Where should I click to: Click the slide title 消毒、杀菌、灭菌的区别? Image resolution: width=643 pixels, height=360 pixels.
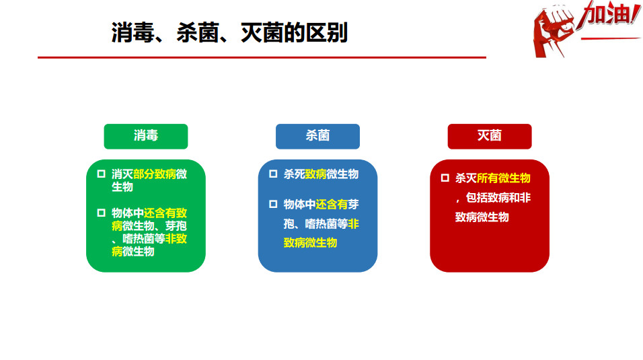229,33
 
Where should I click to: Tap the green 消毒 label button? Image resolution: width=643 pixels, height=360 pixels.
146,137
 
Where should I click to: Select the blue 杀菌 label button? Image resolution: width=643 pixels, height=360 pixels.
318,137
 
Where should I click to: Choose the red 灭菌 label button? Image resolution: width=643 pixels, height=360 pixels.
490,137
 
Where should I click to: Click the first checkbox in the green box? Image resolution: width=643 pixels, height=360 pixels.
102,174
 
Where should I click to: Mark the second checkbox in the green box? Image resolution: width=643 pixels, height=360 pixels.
102,213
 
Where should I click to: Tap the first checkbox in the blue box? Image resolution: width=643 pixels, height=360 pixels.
273,174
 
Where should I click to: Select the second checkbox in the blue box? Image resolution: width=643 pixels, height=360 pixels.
273,204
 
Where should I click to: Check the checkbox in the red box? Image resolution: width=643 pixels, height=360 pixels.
445,178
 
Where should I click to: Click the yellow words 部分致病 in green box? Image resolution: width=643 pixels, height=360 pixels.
155,174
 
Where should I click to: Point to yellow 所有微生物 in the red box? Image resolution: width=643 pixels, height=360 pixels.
504,178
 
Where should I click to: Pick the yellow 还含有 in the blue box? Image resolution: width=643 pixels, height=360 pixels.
332,205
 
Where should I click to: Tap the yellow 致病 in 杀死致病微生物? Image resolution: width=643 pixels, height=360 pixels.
315,174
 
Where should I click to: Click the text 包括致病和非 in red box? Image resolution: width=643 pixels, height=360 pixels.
498,198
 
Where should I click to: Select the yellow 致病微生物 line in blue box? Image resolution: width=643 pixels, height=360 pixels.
311,243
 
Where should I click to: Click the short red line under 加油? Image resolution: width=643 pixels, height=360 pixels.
611,39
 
